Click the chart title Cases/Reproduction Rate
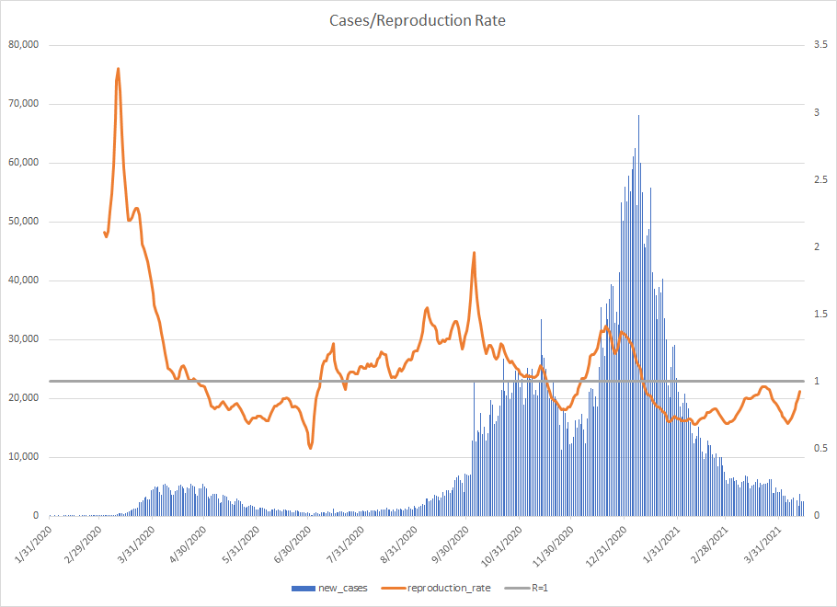click(x=418, y=20)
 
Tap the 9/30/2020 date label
click(x=451, y=543)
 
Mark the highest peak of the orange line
click(x=119, y=68)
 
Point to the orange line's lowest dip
click(x=311, y=448)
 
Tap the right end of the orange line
click(x=799, y=392)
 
